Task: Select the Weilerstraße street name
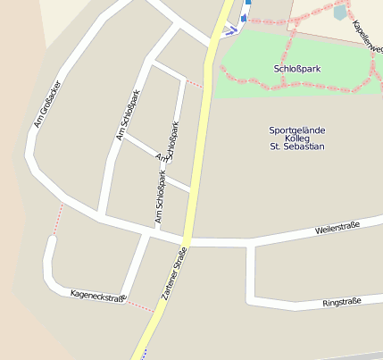[x=337, y=229]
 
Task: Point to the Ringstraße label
[x=341, y=303]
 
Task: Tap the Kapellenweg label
[x=368, y=36]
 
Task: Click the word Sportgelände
[x=296, y=130]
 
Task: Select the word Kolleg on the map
[x=296, y=138]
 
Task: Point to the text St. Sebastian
[x=296, y=147]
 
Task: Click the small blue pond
[x=339, y=13]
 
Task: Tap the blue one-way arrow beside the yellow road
[x=230, y=30]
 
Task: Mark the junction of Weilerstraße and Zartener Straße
[x=187, y=240]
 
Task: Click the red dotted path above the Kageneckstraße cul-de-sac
[x=60, y=218]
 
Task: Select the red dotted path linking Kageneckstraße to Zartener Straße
[x=140, y=306]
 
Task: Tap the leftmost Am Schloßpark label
[x=129, y=115]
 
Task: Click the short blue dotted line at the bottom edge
[x=142, y=353]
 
